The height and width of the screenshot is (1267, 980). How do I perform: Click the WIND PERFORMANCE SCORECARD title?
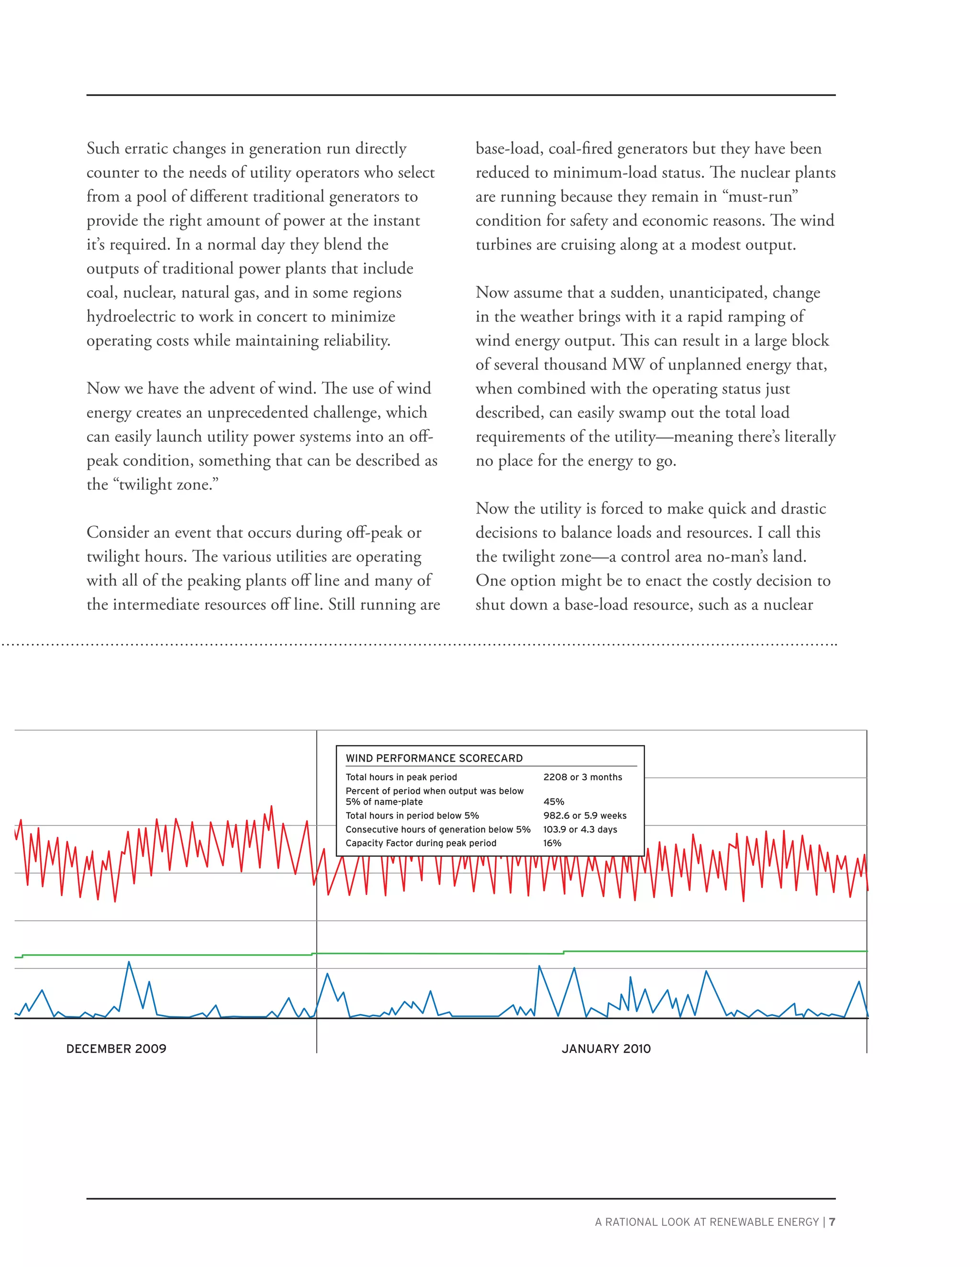point(434,758)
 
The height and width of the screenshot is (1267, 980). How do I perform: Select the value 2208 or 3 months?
point(582,777)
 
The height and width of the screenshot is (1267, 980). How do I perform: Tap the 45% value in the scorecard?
point(553,802)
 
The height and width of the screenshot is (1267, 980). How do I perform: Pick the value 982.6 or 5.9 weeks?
point(585,816)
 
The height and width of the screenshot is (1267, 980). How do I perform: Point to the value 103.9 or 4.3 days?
point(580,830)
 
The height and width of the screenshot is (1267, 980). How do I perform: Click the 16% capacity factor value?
point(552,843)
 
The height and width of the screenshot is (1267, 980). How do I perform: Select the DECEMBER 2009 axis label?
point(116,1049)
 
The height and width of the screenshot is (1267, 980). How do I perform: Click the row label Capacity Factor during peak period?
point(421,843)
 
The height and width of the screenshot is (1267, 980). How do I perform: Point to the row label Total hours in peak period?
point(401,777)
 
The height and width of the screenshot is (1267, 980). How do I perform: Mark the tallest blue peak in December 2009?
point(129,963)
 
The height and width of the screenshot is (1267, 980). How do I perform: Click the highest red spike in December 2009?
point(271,807)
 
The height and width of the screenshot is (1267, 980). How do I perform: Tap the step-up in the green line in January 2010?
point(563,952)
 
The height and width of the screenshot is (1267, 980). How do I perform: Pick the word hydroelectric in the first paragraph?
point(140,317)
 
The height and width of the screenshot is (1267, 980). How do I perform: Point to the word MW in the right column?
point(628,364)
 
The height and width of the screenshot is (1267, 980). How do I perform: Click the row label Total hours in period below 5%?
point(412,816)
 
